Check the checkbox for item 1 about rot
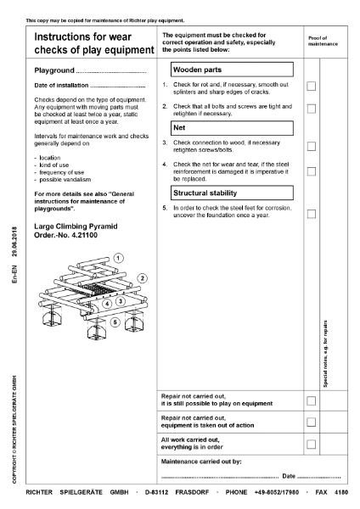point(311,87)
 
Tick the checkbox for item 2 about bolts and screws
point(311,109)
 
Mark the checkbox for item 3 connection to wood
point(311,146)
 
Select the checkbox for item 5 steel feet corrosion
point(311,213)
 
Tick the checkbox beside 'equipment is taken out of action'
point(311,422)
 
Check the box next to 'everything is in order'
point(311,444)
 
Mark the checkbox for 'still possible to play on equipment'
point(311,400)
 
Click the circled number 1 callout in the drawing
point(119,257)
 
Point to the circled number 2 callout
point(143,277)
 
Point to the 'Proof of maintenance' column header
point(323,41)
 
